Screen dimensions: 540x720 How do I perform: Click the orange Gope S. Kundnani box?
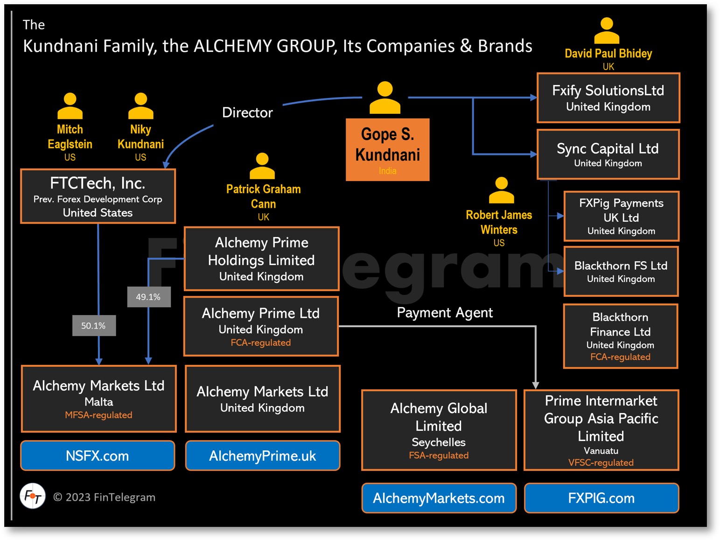pyautogui.click(x=387, y=149)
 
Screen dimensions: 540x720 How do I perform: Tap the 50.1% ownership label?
pyautogui.click(x=94, y=326)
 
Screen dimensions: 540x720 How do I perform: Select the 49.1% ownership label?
pyautogui.click(x=148, y=297)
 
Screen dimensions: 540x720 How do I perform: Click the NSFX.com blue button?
pyautogui.click(x=98, y=456)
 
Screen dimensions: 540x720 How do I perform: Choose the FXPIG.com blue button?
pyautogui.click(x=601, y=498)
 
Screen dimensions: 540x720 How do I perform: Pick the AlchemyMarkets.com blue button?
pyautogui.click(x=439, y=498)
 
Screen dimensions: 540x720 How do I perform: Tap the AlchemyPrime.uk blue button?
pyautogui.click(x=262, y=456)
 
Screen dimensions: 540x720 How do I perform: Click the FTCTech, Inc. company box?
pyautogui.click(x=98, y=196)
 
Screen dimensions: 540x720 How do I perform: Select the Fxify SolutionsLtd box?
pyautogui.click(x=608, y=98)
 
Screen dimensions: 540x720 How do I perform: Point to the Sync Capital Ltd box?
pyautogui.click(x=608, y=154)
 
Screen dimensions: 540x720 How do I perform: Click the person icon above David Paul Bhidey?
pyautogui.click(x=607, y=30)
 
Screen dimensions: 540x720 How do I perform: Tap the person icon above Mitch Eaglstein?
pyautogui.click(x=70, y=106)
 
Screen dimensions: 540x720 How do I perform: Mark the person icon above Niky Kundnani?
pyautogui.click(x=140, y=106)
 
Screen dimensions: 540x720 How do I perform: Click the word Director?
pyautogui.click(x=247, y=112)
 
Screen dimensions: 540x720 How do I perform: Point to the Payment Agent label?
pyautogui.click(x=444, y=312)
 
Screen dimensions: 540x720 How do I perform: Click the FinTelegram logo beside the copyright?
pyautogui.click(x=33, y=496)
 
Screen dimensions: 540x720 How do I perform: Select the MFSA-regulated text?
pyautogui.click(x=98, y=415)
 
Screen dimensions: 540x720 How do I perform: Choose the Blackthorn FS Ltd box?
pyautogui.click(x=621, y=272)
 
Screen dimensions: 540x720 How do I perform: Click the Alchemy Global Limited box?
pyautogui.click(x=439, y=430)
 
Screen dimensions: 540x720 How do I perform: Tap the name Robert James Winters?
pyautogui.click(x=499, y=222)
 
